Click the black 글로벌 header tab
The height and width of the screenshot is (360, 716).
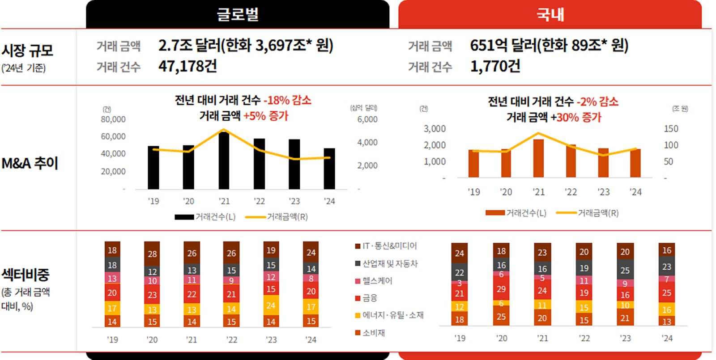tap(237, 14)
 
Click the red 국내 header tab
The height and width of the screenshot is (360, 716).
tap(550, 14)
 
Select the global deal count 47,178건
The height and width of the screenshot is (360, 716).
tap(188, 66)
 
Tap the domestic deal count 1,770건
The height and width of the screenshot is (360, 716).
tap(495, 66)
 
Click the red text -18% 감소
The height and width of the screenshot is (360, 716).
tap(287, 100)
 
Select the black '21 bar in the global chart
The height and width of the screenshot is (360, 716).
tap(224, 161)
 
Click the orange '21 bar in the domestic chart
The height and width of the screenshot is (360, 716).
tap(538, 159)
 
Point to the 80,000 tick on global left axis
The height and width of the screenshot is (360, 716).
tap(113, 119)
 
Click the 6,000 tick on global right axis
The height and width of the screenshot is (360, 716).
tap(367, 119)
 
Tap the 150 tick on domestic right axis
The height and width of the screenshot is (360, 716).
tap(671, 129)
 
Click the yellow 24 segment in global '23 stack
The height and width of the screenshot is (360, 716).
tap(271, 305)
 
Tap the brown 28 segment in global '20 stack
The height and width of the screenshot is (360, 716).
tap(152, 254)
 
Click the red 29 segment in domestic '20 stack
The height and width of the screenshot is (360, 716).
tap(501, 289)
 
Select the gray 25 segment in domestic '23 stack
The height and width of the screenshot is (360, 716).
tap(625, 270)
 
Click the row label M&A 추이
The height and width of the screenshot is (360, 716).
tap(30, 163)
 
